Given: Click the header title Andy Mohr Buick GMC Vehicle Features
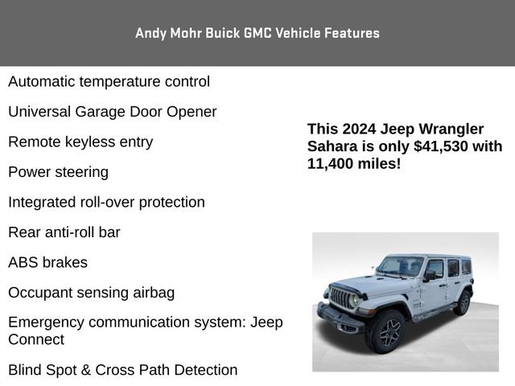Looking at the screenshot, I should (257, 33).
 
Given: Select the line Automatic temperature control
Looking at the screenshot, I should (109, 81).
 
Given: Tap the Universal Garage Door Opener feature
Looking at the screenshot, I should (112, 112).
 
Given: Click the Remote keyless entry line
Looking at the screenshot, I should (80, 142).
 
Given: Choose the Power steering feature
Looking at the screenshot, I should (58, 172).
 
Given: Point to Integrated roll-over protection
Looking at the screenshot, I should (106, 202).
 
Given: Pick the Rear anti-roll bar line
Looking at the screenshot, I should (64, 232).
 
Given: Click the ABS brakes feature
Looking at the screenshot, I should (47, 262).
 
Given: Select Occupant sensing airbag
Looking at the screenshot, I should (91, 293).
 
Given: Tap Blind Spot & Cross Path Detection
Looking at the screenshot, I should (123, 370).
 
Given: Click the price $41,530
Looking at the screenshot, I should (443, 146).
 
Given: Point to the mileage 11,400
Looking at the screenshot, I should (332, 163).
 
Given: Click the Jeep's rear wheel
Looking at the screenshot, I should (463, 302).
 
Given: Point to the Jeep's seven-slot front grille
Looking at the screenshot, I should (344, 299).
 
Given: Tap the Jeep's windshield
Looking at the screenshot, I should (400, 267).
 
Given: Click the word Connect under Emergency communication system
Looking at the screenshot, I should (36, 339).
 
